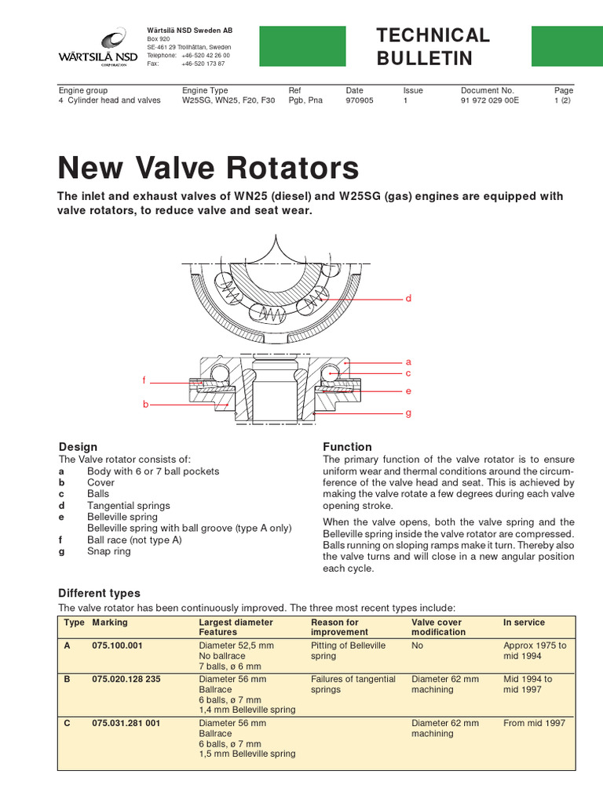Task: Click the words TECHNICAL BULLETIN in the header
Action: [x=433, y=46]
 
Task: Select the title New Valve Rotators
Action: [x=209, y=168]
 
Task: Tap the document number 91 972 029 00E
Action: [x=491, y=101]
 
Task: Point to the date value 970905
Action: [x=360, y=101]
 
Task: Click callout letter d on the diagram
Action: [x=408, y=299]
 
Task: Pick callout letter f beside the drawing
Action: [x=144, y=380]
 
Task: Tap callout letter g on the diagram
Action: [x=408, y=412]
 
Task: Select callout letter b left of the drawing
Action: [x=145, y=404]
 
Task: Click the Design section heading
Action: [x=79, y=447]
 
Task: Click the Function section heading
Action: [x=347, y=447]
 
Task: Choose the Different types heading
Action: [x=100, y=593]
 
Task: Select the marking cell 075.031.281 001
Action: [x=126, y=723]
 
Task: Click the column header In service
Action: [x=524, y=623]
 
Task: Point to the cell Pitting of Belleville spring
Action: [x=349, y=650]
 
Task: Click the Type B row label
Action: [x=68, y=679]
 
